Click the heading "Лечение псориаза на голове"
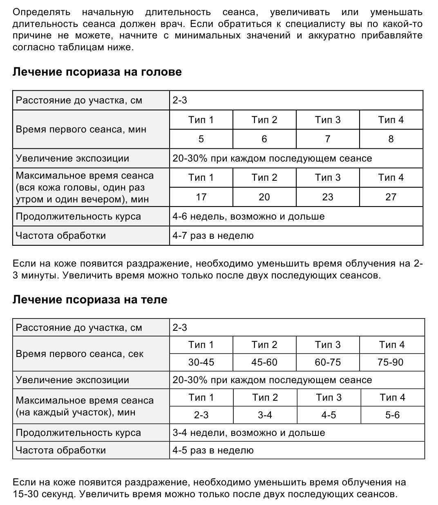97,72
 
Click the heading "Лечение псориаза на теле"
90,299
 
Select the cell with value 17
201,197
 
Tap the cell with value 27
391,197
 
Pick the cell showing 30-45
201,362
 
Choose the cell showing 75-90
391,362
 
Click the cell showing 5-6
392,415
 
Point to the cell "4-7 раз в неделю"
213,236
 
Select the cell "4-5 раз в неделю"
213,450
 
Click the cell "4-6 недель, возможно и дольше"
248,216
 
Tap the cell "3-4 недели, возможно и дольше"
248,433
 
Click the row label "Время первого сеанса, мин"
81,130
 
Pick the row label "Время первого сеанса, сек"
80,354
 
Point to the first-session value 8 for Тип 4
391,139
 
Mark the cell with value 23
328,197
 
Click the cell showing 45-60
264,362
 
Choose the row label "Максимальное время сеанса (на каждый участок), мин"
85,406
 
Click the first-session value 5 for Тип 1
201,139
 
